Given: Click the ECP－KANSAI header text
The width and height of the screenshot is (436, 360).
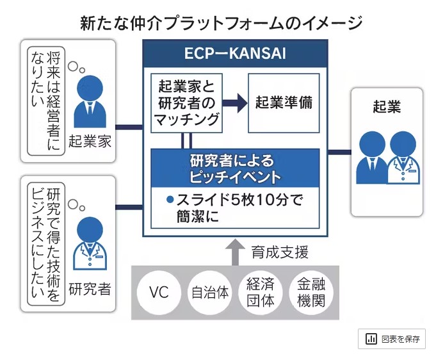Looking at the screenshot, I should [234, 54].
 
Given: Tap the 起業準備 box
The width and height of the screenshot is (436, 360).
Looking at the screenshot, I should [283, 102].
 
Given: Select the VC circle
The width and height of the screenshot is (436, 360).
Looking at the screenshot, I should [158, 293].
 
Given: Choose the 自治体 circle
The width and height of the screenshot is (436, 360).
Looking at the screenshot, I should [209, 293].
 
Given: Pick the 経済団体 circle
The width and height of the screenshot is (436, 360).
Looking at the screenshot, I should [260, 293].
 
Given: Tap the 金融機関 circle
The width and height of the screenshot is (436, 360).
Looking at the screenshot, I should [310, 293].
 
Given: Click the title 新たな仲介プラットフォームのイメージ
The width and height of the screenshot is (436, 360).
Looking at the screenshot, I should [221, 23].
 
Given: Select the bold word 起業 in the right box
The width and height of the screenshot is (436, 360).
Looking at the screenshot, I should [386, 107].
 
